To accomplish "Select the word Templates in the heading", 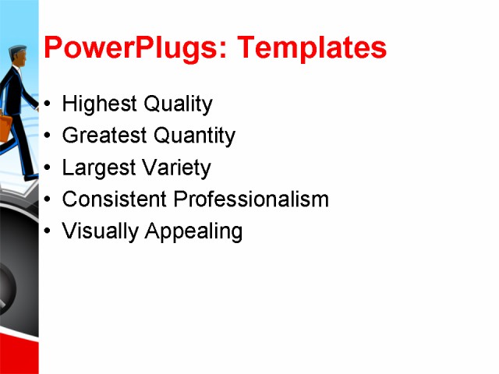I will point(312,48).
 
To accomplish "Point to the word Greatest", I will point(104,136).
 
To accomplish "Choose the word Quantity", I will point(194,136).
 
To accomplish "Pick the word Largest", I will point(97,168).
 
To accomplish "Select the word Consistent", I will point(115,199).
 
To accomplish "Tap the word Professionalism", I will point(251,199).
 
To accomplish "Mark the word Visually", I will point(97,231).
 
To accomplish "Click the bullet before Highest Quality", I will point(49,104).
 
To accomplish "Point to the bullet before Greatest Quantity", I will point(49,136).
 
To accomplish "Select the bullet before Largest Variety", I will point(49,168).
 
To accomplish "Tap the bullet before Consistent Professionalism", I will point(49,199).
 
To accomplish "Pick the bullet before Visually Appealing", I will point(49,231).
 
